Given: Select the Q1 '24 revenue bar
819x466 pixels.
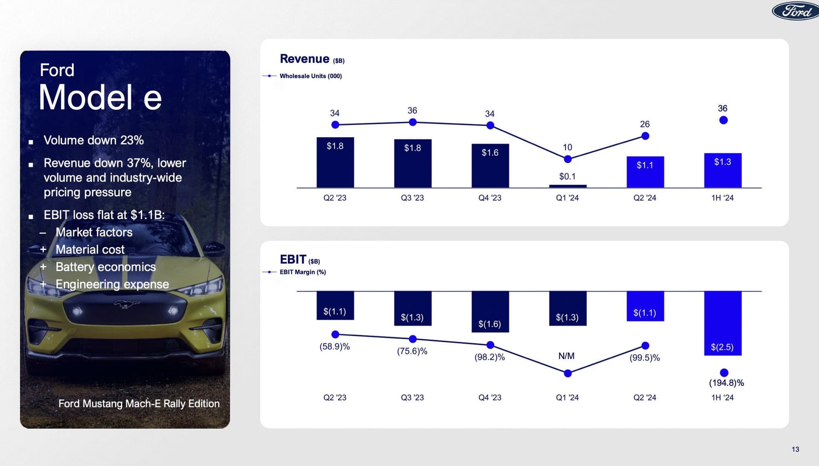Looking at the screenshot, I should click(567, 186).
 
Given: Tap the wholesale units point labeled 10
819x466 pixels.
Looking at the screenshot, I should click(567, 159).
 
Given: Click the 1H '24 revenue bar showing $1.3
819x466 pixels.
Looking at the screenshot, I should click(723, 170).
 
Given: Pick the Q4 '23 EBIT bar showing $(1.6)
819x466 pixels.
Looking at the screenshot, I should click(490, 311).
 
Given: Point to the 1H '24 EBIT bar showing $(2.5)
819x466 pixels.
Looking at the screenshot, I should click(723, 323).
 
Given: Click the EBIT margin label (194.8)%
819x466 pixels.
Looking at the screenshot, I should click(726, 383).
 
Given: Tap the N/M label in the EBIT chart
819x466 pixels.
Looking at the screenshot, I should click(566, 356).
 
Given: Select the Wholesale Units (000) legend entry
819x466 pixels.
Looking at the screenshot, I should click(310, 76).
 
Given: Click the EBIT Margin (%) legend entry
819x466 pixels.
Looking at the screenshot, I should click(302, 272).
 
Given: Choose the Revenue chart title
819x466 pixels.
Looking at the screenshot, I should click(305, 59).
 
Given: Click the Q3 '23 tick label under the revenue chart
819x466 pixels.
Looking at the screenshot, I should click(412, 198).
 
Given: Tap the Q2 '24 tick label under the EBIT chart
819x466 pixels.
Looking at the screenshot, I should click(645, 397).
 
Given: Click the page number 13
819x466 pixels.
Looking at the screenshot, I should click(795, 449).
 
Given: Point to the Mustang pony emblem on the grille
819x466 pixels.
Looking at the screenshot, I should click(127, 304).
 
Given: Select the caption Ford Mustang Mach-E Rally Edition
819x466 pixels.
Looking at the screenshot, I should click(139, 404).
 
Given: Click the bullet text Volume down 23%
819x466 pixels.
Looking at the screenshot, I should click(93, 140).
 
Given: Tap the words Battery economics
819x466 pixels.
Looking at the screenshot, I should click(105, 267).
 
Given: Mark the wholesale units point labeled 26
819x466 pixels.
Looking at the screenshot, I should click(645, 136).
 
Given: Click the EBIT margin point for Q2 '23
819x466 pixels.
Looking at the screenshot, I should click(335, 334).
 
